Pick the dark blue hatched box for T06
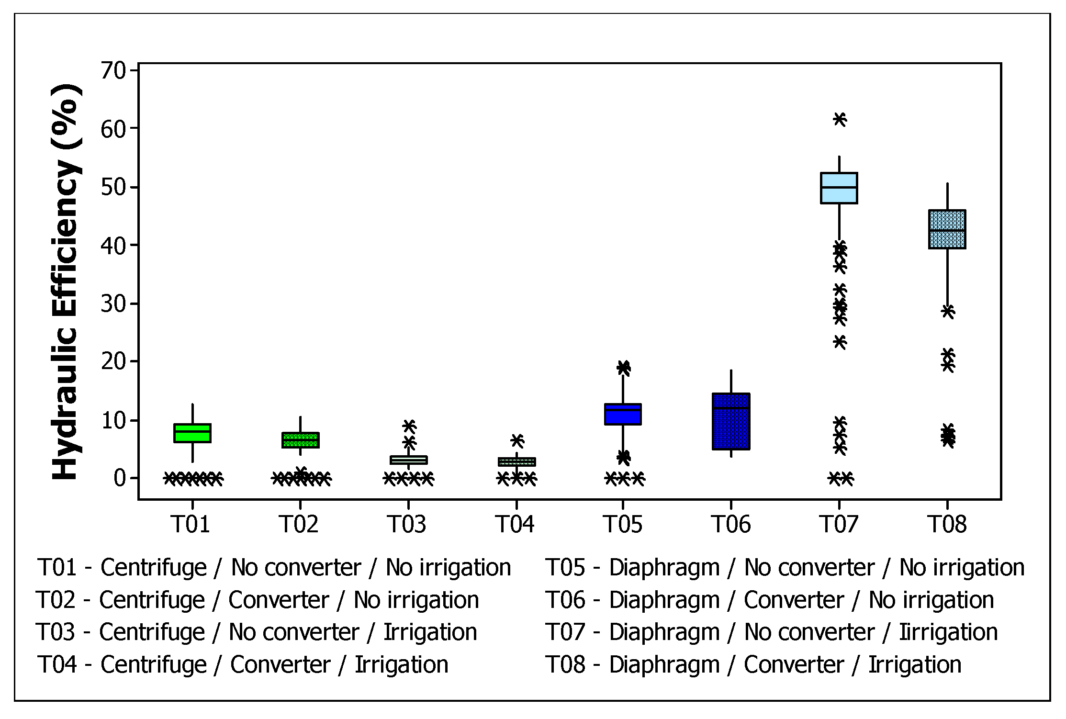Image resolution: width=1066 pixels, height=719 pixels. pyautogui.click(x=731, y=428)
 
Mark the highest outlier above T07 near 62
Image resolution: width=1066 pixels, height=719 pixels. pyautogui.click(x=840, y=119)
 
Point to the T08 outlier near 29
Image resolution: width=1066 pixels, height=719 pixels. pyautogui.click(x=948, y=311)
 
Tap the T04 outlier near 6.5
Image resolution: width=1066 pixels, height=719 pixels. pyautogui.click(x=517, y=439)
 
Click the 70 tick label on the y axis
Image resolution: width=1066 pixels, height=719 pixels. pyautogui.click(x=113, y=71)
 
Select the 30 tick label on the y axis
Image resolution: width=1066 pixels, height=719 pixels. pyautogui.click(x=113, y=304)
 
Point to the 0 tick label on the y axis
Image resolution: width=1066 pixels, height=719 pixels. pyautogui.click(x=120, y=478)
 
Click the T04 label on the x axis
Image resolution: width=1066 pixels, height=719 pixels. pyautogui.click(x=515, y=524)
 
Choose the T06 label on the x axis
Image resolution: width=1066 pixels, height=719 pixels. pyautogui.click(x=730, y=524)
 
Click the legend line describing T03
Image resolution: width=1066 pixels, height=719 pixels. pyautogui.click(x=257, y=632)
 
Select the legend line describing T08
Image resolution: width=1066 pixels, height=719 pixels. pyautogui.click(x=753, y=665)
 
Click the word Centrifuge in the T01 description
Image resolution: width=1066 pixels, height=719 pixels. pyautogui.click(x=153, y=568)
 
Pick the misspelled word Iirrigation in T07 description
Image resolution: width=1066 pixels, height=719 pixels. pyautogui.click(x=948, y=632)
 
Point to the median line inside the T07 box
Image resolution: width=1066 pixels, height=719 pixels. pyautogui.click(x=839, y=187)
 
